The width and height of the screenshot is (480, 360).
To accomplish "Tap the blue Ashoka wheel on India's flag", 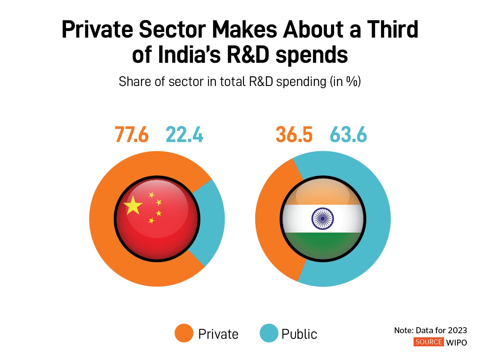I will pos(322,219).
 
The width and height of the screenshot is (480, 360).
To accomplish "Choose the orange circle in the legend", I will pos(184,334).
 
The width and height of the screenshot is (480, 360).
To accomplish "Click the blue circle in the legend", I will pos(269,334).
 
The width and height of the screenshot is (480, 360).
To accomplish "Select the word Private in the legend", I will pos(218,334).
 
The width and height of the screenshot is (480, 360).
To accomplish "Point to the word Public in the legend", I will pos(299,334).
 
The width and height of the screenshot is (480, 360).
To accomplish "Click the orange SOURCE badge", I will pos(428,342).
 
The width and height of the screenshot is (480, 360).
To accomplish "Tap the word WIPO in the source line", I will pos(456,342).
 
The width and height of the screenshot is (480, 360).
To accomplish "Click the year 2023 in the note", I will pos(458,331).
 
